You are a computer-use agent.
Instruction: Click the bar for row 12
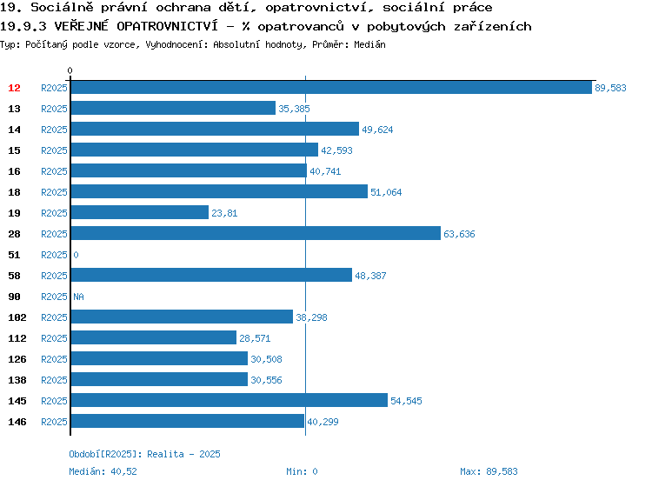click(331, 87)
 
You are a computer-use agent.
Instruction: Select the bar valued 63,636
click(256, 233)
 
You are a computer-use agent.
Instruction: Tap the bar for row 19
click(140, 212)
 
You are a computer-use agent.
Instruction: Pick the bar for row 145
click(230, 400)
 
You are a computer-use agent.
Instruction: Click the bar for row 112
click(154, 337)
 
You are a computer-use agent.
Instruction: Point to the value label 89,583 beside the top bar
click(610, 88)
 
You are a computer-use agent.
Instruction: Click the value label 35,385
click(294, 109)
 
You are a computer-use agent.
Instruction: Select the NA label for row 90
click(78, 297)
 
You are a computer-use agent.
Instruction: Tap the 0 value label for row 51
click(76, 255)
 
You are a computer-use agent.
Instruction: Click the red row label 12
click(14, 88)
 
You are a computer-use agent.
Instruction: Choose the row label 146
click(17, 422)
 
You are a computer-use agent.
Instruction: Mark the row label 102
click(17, 317)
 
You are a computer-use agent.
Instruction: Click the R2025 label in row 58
click(54, 276)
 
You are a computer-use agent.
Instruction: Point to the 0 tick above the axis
click(70, 70)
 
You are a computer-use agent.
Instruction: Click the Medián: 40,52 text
click(103, 471)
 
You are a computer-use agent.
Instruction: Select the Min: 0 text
click(302, 471)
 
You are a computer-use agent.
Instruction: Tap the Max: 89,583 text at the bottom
click(489, 471)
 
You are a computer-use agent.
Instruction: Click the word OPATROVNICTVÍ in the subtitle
click(167, 26)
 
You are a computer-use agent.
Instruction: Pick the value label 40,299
click(323, 422)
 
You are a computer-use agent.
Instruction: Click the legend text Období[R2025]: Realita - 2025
click(144, 454)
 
